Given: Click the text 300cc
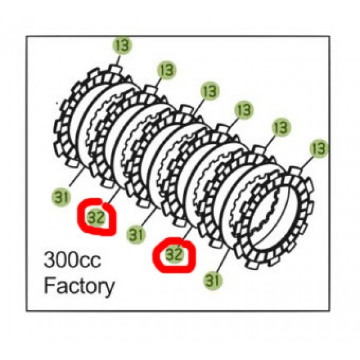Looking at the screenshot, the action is pos(73,260).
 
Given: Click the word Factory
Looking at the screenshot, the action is pos(79,286).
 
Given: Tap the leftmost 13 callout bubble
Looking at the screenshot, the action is pos(122,45).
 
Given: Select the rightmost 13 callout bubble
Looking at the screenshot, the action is pos(319,148).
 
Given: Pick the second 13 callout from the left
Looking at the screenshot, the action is pos(166,70).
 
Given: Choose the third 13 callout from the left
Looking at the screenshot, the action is pos(210,91).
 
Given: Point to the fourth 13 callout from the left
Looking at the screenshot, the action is pos(244,110).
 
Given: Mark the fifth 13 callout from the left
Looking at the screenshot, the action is pos(281,127).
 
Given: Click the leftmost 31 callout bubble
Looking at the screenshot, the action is pos(61,197).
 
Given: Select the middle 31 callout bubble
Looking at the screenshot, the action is pos(136,234).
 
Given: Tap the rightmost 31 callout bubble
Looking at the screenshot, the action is pos(212,280).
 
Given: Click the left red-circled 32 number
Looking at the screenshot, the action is pos(96,217).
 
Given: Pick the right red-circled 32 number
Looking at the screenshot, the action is pos(175,254).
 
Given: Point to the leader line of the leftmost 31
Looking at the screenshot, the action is pos(77,177).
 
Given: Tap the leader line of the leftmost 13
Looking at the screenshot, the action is pos(118,61).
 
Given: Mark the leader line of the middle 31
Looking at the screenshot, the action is pos(149,217).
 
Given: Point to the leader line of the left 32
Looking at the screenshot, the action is pos(113,197).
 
